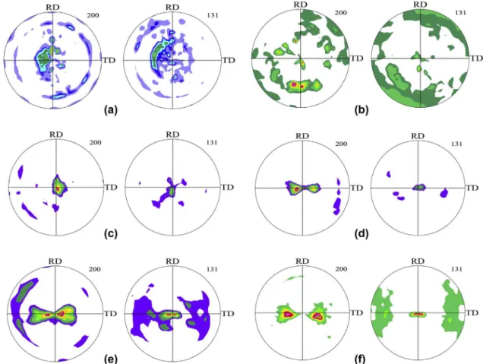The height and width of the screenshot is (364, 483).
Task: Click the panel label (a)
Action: click(111, 110)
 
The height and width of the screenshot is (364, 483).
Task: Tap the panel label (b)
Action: click(361, 110)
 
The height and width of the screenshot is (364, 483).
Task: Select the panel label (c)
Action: click(111, 234)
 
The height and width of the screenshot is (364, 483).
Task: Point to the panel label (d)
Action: click(361, 234)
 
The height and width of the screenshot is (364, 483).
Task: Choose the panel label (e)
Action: click(111, 359)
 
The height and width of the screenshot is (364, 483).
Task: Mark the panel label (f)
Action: click(361, 359)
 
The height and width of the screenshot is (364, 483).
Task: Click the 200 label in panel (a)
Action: click(93, 14)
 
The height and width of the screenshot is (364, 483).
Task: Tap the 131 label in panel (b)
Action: click(460, 13)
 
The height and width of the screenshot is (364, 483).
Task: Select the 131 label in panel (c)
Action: click(212, 142)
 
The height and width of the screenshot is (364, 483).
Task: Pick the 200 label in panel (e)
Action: click(95, 269)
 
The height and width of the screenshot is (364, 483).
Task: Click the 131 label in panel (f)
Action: click(456, 269)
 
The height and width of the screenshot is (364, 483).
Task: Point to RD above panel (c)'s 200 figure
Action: click(56, 135)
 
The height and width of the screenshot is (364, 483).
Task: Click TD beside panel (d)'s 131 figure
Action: click(472, 188)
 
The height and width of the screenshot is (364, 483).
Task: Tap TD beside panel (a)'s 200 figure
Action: click(109, 60)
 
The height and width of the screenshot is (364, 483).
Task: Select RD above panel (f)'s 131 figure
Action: click(418, 261)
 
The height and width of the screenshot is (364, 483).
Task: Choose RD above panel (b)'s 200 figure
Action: click(301, 5)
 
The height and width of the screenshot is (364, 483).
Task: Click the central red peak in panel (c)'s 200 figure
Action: click(57, 188)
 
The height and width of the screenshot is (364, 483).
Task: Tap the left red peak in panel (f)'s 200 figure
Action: click(288, 314)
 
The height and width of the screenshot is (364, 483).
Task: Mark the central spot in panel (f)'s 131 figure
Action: click(418, 315)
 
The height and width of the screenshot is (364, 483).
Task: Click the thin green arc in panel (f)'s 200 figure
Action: click(292, 278)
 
